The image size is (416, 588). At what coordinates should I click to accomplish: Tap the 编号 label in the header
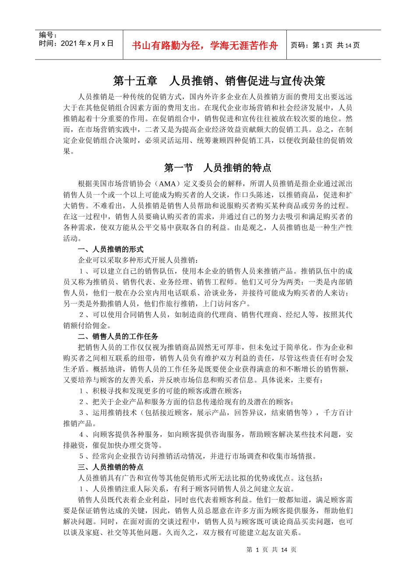(48, 35)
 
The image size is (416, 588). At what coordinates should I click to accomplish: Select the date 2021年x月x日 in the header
(76, 43)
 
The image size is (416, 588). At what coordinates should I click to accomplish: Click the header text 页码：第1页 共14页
(325, 45)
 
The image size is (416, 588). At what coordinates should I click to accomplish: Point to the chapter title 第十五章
(135, 81)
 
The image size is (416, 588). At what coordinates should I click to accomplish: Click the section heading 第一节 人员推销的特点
(217, 168)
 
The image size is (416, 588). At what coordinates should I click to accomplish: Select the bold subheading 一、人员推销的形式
(111, 249)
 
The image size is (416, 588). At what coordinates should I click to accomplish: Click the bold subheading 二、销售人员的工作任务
(118, 336)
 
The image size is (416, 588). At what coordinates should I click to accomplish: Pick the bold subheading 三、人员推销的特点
(111, 467)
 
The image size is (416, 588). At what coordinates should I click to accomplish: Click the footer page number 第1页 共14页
(271, 550)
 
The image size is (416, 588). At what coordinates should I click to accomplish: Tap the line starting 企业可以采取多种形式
(138, 260)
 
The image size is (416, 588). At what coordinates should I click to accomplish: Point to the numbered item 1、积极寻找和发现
(160, 391)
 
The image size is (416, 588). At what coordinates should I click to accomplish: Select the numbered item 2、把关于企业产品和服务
(186, 402)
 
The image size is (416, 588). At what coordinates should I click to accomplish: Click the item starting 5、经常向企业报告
(197, 456)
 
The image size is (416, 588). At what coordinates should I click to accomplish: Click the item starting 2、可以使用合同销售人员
(215, 315)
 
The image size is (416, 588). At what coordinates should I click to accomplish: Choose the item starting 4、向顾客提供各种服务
(215, 434)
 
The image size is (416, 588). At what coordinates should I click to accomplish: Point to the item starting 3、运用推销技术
(215, 413)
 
